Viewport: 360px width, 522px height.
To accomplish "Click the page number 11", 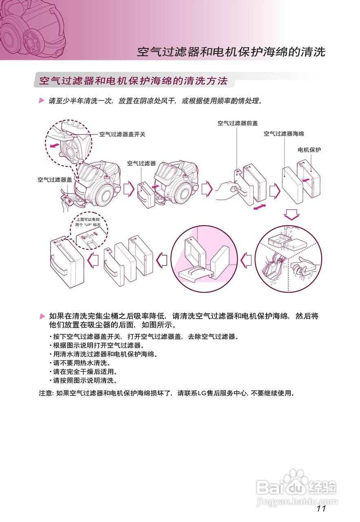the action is pyautogui.click(x=320, y=508).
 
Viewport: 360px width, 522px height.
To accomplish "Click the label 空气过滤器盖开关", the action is pyautogui.click(x=122, y=134).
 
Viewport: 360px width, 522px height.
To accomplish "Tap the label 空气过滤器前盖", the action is pyautogui.click(x=238, y=123).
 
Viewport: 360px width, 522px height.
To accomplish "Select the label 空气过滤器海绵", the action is pyautogui.click(x=284, y=133).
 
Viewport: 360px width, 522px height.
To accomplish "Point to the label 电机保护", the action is pyautogui.click(x=309, y=150).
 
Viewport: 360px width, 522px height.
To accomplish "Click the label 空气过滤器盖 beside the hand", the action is pyautogui.click(x=55, y=179).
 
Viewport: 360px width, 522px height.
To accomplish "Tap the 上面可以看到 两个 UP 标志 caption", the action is pyautogui.click(x=88, y=222).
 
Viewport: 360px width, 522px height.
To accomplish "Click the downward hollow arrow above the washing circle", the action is pyautogui.click(x=292, y=214).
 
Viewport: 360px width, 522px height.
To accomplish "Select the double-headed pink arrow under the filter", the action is pyautogui.click(x=261, y=208).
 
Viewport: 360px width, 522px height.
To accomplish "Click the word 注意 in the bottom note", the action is pyautogui.click(x=45, y=393).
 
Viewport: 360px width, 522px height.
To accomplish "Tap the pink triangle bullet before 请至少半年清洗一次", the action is pyautogui.click(x=42, y=100).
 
